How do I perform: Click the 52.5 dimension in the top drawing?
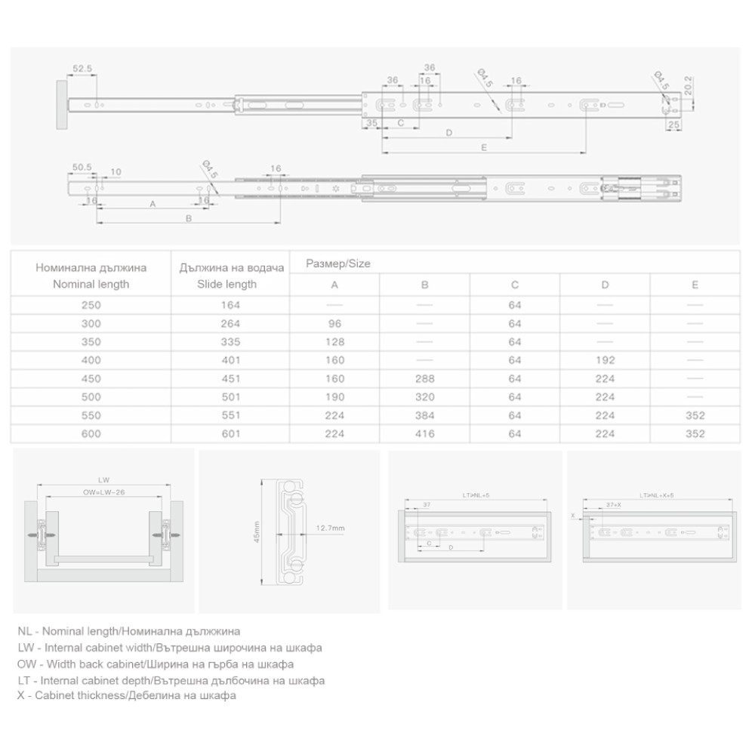82,68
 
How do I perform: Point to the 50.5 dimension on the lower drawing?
82,167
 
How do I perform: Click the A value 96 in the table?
334,324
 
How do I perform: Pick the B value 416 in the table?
424,433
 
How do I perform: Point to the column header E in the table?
695,285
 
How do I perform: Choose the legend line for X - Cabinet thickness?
126,695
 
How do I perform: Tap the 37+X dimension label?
613,504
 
